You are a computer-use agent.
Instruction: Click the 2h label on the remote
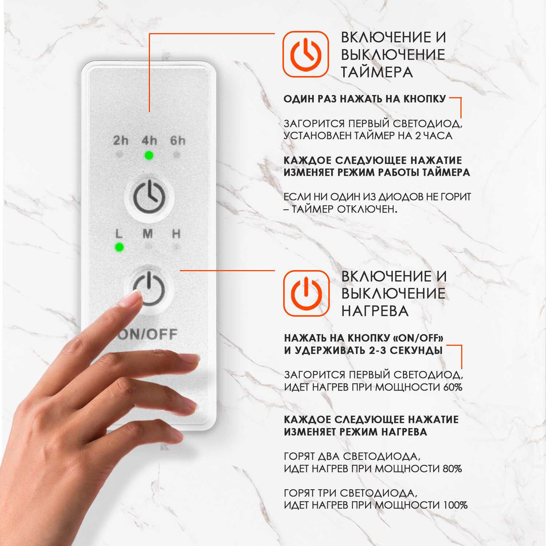coord(120,140)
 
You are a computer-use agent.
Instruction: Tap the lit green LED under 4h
coord(149,155)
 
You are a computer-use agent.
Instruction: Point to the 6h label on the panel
coord(178,140)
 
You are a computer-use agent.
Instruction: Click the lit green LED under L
coord(119,248)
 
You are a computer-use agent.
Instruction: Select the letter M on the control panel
coord(147,234)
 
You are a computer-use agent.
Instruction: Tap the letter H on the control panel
coord(176,234)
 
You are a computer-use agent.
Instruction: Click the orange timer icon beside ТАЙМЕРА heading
coord(306,54)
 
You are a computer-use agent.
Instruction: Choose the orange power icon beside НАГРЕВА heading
coord(306,293)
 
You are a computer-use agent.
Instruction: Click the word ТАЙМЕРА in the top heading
coord(377,72)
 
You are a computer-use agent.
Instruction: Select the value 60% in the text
coord(453,387)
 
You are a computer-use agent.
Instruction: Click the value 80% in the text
coord(452,468)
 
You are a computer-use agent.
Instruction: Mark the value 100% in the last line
coord(455,505)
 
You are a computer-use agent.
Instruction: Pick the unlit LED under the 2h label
coord(119,155)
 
